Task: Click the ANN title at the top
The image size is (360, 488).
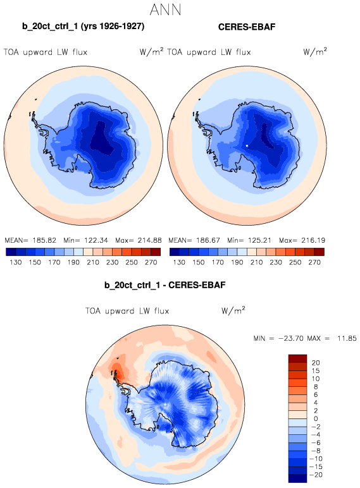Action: [x=165, y=9]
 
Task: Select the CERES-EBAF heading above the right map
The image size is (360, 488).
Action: [x=247, y=27]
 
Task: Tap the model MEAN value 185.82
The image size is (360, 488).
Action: [x=44, y=240]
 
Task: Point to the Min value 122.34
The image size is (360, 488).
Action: [x=96, y=240]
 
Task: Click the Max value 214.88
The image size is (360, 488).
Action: [x=150, y=240]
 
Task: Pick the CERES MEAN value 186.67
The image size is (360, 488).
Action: [x=208, y=240]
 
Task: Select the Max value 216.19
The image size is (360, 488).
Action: [x=313, y=240]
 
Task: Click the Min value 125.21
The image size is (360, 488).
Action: [x=260, y=240]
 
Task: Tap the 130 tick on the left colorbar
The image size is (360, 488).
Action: [x=16, y=262]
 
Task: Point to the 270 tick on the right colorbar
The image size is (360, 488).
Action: [x=314, y=262]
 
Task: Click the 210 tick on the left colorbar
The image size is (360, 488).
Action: [x=93, y=262]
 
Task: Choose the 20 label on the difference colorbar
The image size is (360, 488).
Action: [x=316, y=363]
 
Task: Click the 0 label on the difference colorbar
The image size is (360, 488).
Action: [x=316, y=418]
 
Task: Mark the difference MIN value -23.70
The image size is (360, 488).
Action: [x=291, y=338]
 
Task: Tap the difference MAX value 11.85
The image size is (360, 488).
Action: [x=347, y=338]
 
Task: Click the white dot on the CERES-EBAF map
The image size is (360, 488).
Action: [x=247, y=145]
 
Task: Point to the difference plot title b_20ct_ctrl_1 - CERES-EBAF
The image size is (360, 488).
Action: [x=164, y=285]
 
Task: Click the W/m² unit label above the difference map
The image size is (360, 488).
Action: [x=233, y=310]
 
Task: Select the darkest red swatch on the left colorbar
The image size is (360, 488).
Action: [x=156, y=252]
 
